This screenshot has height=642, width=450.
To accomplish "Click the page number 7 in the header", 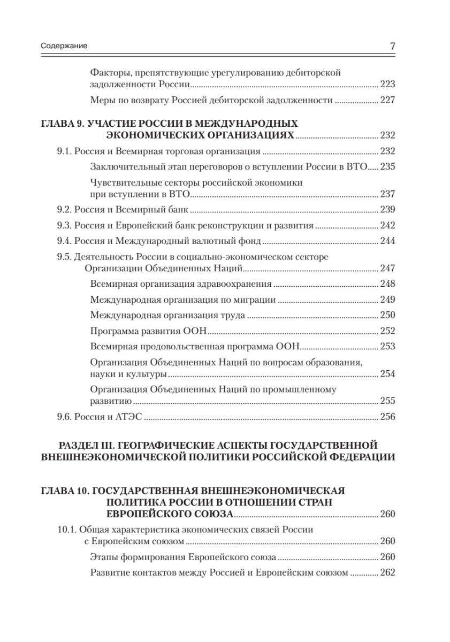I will click(392, 47).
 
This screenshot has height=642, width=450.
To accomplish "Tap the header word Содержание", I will click(64, 47).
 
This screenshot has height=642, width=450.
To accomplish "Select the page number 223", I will click(387, 85).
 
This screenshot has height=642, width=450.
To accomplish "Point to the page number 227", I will click(387, 100).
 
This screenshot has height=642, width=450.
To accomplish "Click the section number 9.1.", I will click(64, 151).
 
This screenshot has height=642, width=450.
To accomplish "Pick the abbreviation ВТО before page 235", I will click(356, 167).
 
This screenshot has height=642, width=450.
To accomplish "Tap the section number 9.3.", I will click(64, 225).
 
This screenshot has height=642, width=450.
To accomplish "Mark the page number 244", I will click(387, 241).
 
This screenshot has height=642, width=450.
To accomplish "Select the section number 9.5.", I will click(64, 256).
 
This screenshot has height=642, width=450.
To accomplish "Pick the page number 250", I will click(387, 314).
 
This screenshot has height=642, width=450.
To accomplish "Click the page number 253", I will click(387, 346).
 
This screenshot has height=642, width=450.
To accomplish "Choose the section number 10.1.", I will click(66, 530).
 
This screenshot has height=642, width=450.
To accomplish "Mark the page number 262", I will click(387, 572).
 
